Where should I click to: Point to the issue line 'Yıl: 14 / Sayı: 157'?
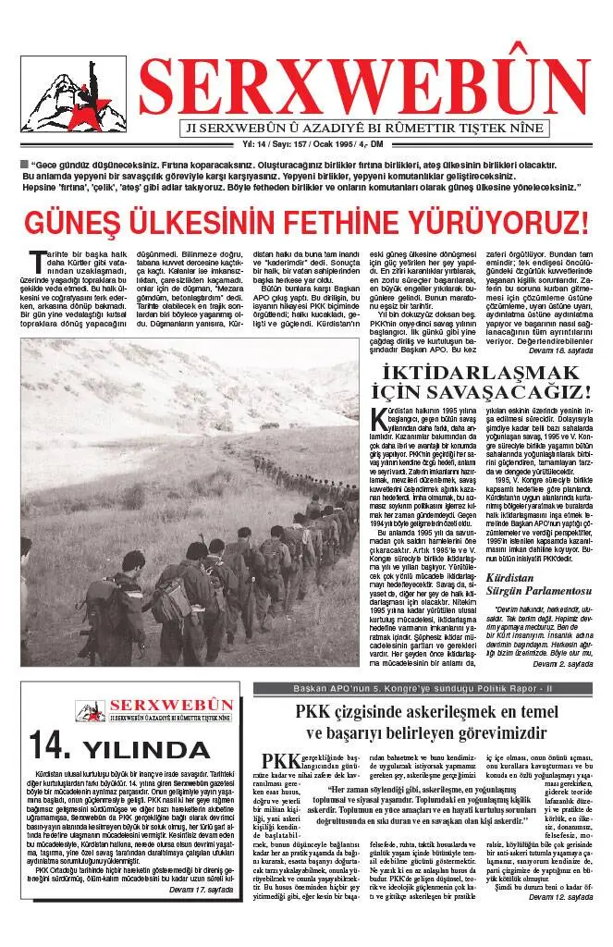(x=280, y=145)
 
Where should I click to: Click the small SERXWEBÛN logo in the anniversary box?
(x=148, y=709)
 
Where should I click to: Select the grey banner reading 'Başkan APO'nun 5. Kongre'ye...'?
(x=423, y=689)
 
